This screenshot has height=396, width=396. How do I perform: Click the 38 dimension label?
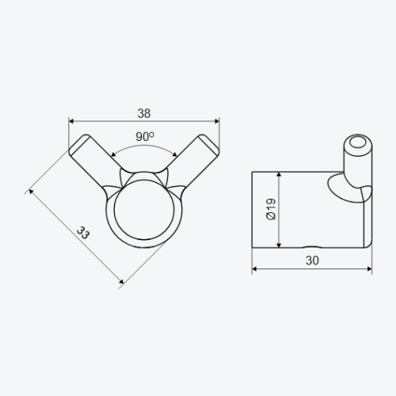144,113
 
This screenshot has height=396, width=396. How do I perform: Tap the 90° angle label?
145,136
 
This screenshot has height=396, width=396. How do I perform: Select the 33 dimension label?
83,233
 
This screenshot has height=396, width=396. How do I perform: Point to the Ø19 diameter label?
271,209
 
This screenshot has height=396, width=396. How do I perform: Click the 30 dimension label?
312,261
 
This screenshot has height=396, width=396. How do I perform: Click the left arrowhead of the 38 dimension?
71,121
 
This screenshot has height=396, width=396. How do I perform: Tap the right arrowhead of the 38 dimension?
217,121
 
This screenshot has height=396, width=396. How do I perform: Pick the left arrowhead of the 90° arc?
113,154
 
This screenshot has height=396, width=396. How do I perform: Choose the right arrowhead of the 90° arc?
174,154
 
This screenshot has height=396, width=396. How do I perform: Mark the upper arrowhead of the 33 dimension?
31,192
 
